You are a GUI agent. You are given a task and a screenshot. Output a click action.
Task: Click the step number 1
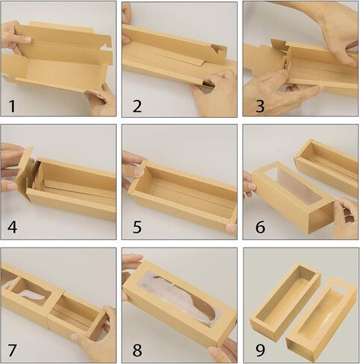pos(12,106)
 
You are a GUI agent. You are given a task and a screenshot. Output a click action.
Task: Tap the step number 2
pos(137,106)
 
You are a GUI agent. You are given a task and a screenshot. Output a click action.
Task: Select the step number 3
pos(260,106)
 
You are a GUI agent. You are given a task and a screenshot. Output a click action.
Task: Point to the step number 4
pos(12,227)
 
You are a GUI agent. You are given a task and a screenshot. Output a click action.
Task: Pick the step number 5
pos(137,227)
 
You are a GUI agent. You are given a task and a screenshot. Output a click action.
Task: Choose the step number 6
pos(261,227)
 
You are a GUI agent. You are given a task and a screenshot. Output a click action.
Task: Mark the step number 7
pos(12,351)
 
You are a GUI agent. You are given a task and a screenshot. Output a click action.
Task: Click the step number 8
pos(137,351)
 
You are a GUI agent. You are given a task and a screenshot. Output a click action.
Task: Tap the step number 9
pos(260,351)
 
